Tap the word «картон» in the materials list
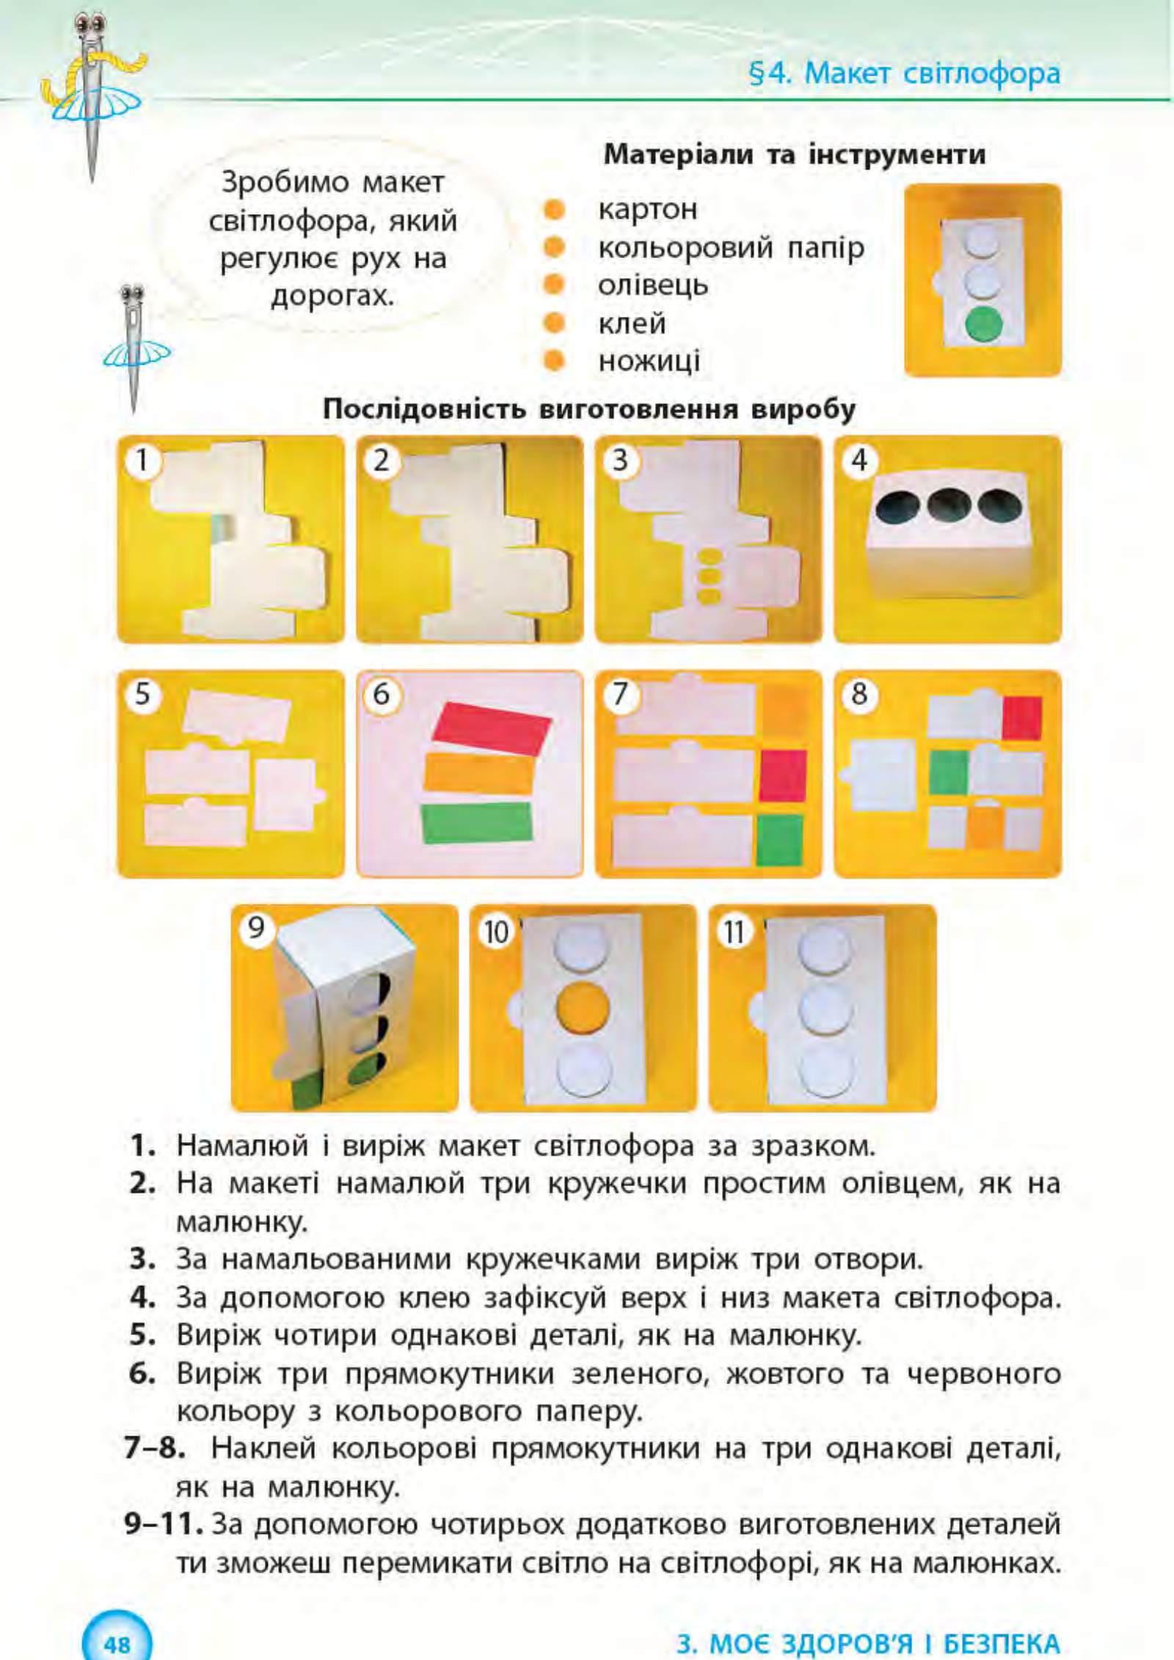click(x=648, y=209)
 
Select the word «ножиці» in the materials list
click(x=649, y=360)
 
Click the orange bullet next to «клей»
click(x=553, y=322)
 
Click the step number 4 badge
click(x=859, y=460)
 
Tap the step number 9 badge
click(x=255, y=928)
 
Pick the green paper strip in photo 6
click(x=477, y=822)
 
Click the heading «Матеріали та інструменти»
click(x=795, y=155)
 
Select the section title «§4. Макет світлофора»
click(x=905, y=73)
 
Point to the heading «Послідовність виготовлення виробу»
click(x=589, y=409)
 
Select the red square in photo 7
click(x=783, y=775)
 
